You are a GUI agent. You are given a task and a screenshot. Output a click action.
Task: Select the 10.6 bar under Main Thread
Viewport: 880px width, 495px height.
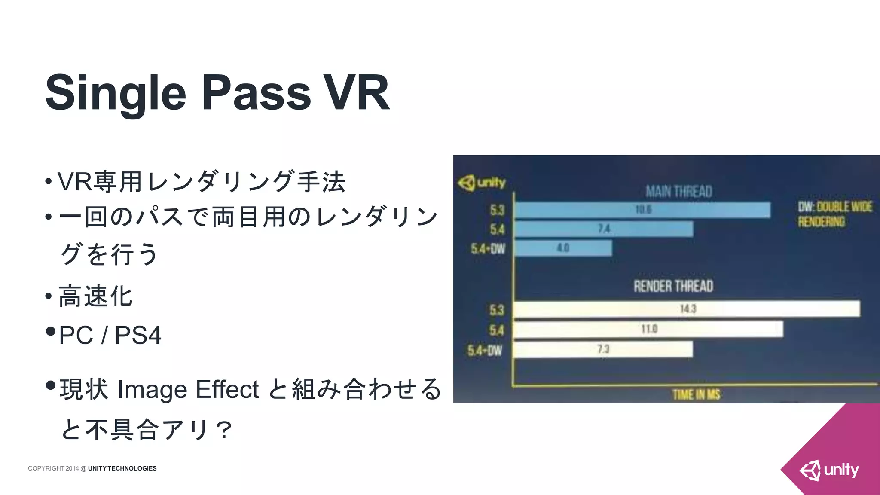click(642, 210)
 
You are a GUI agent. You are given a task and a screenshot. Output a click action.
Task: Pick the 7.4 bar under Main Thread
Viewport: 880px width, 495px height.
click(604, 229)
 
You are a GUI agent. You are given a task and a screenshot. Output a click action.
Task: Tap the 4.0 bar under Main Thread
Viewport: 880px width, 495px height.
click(563, 248)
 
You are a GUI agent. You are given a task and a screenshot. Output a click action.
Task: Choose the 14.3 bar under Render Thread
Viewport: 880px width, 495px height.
click(687, 309)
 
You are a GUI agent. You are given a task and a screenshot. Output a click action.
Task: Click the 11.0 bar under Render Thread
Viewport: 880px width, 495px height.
click(648, 329)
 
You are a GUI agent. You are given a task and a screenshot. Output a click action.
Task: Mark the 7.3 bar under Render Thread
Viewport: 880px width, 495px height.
click(603, 349)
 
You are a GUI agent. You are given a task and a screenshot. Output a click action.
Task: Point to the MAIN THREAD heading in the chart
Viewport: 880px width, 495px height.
click(679, 191)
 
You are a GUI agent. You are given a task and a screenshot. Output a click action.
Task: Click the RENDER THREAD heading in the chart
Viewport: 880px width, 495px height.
click(673, 286)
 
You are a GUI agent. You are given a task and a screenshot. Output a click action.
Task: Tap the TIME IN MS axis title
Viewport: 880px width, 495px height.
click(696, 394)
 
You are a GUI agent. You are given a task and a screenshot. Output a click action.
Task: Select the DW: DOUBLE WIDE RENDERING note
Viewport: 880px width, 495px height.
click(834, 214)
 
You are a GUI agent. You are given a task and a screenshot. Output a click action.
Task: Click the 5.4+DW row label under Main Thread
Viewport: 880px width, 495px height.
click(488, 249)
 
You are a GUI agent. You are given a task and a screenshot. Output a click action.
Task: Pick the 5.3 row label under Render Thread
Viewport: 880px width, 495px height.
click(496, 310)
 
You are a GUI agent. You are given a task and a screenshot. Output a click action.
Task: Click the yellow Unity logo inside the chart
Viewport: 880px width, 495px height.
click(481, 183)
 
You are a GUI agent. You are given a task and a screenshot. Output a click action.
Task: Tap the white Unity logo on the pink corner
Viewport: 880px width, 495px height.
click(829, 470)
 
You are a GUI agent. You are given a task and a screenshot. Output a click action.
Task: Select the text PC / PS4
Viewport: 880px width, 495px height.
click(110, 335)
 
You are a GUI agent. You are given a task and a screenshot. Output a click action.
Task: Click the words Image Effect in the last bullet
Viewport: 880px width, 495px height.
click(188, 389)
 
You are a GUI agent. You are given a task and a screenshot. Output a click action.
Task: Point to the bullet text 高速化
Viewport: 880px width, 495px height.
click(95, 296)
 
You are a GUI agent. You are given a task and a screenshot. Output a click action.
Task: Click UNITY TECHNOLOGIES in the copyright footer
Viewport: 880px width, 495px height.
click(122, 468)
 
